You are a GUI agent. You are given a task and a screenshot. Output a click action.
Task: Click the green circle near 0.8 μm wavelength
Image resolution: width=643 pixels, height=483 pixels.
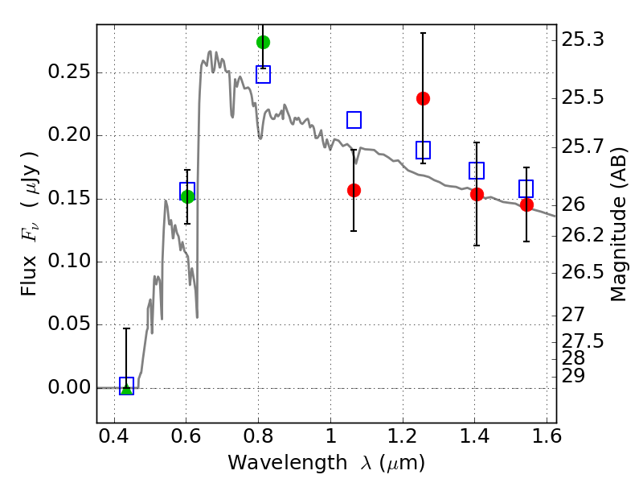click(264, 42)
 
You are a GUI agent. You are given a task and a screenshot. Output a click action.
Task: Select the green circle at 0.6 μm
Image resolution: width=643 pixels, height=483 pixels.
click(187, 196)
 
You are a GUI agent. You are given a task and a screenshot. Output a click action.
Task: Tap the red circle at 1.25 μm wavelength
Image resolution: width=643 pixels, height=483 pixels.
click(424, 98)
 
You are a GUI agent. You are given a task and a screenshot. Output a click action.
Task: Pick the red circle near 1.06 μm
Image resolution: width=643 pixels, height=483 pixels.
click(354, 190)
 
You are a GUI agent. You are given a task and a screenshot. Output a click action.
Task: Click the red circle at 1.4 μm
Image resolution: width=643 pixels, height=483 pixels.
click(477, 194)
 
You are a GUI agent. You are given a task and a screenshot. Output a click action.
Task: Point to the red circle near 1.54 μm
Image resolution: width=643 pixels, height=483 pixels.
click(526, 204)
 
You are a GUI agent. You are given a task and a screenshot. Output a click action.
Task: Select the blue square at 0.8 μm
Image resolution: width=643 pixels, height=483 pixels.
click(264, 75)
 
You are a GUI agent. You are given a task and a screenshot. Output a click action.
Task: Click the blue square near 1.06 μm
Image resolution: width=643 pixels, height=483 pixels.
click(354, 120)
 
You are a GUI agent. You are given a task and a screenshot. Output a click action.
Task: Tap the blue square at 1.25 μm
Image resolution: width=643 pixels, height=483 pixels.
click(424, 150)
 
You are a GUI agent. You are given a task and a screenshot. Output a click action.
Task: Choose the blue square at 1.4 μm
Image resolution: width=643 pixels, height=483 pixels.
click(477, 171)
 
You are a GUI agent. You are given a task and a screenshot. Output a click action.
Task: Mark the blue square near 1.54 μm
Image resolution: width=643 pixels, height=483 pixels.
click(526, 188)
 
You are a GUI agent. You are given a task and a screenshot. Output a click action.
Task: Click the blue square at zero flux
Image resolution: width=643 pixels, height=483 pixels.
click(126, 386)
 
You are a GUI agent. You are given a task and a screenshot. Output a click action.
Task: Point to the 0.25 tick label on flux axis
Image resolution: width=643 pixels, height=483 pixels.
click(69, 72)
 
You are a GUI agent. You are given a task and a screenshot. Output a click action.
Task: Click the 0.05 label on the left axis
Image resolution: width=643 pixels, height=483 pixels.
click(69, 324)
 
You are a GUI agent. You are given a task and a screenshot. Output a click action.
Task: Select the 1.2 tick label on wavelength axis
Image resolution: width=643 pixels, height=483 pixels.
click(403, 436)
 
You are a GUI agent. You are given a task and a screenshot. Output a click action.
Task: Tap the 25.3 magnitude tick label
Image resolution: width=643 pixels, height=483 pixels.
click(583, 39)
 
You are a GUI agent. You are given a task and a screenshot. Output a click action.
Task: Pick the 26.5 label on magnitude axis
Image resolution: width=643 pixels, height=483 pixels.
click(583, 272)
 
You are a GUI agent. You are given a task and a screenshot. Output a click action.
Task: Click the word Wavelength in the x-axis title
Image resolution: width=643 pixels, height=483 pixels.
click(288, 463)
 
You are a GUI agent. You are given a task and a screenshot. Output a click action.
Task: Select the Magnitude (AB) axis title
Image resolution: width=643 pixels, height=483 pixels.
click(618, 225)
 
